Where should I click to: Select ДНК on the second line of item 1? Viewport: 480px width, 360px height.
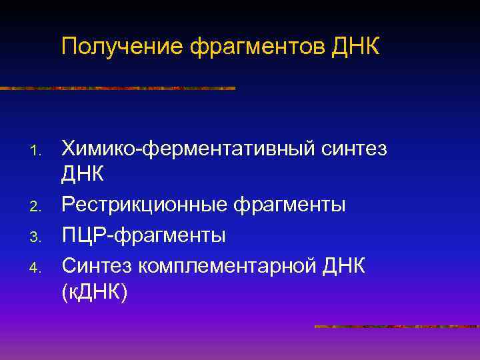(83, 175)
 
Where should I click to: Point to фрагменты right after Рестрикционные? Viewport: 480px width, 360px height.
(288, 205)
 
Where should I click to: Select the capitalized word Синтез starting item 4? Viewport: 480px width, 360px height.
(97, 265)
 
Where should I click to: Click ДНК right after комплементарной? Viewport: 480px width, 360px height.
(343, 265)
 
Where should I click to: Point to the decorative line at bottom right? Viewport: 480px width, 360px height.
(396, 327)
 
